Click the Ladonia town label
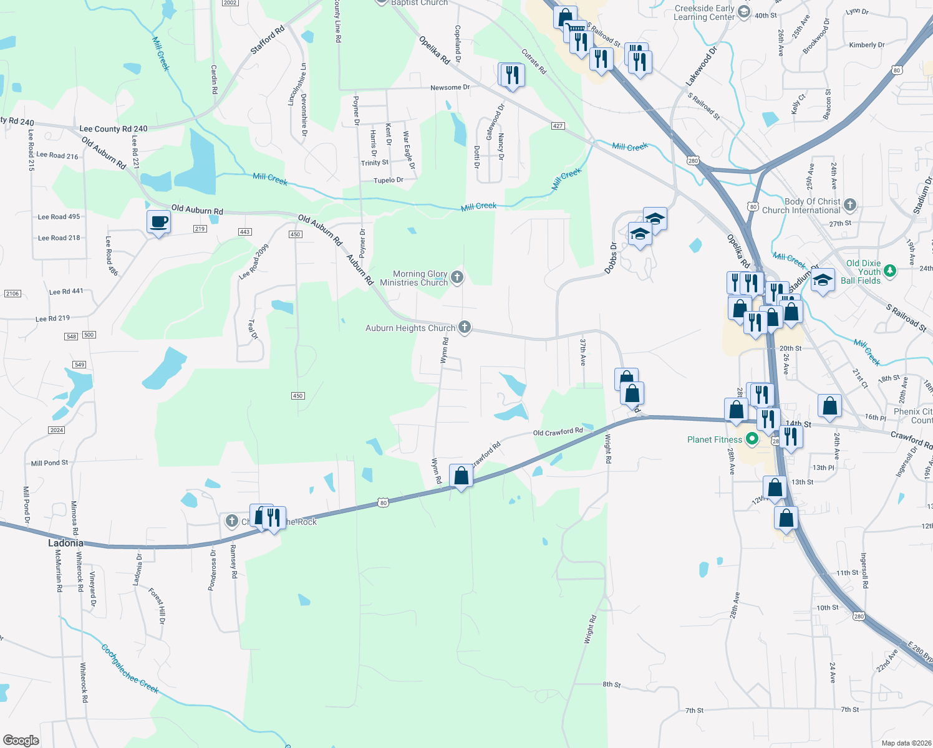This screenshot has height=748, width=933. pos(65,543)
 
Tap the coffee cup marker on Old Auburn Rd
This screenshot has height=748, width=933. pos(159,222)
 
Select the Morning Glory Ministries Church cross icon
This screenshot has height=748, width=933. pos(457,277)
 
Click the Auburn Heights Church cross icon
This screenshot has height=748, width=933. pos(464,327)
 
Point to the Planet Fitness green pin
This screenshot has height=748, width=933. pos(752,439)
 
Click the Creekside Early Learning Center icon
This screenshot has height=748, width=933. pos(743,12)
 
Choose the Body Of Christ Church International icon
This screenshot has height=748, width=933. pos(850,204)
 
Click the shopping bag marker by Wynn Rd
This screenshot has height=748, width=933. pos(461,476)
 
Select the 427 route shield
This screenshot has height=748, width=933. pos(558,126)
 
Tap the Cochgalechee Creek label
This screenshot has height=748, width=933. pos(130,669)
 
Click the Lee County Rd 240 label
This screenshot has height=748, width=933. pos(114,129)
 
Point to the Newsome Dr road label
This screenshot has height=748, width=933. pos(450,87)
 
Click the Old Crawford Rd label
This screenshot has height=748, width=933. pos(558,431)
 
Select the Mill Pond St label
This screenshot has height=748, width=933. pos(49,463)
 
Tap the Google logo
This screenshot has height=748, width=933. pos(21,740)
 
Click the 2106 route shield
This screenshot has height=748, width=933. pos(12,293)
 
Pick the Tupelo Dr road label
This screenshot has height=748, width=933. pos(388,180)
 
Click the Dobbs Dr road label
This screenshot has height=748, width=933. pos(610,258)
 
